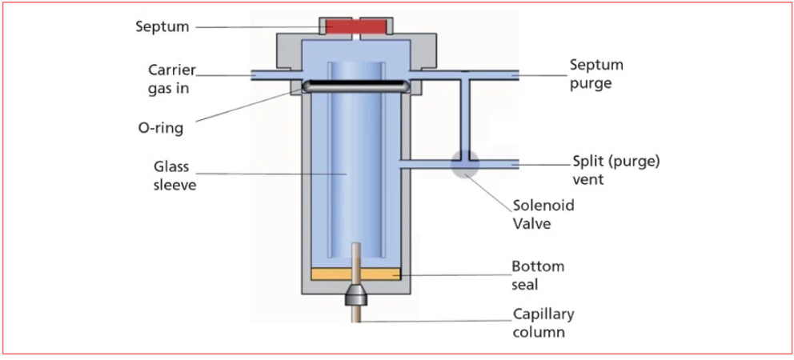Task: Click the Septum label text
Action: (162, 26)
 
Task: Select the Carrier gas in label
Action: (171, 78)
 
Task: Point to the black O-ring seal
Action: (356, 86)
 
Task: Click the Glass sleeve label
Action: (175, 176)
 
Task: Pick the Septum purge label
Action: (596, 74)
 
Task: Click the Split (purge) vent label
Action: (616, 170)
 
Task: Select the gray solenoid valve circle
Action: (465, 164)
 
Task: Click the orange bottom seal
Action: (356, 274)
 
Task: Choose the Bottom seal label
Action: (538, 275)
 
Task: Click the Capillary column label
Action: (543, 322)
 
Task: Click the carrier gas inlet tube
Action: (277, 75)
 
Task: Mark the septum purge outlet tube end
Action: (516, 75)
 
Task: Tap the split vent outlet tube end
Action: (516, 165)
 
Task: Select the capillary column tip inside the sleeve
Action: (356, 244)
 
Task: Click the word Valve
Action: (531, 224)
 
